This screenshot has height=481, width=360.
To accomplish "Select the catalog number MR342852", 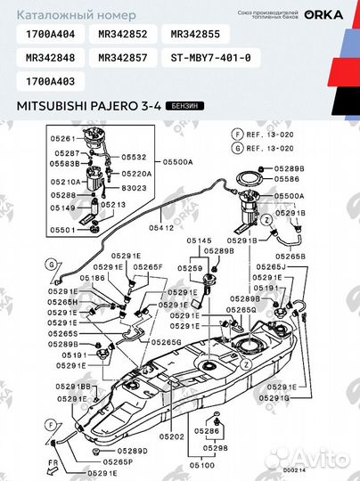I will coord(123,35).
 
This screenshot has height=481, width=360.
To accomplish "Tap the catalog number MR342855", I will coord(195,35).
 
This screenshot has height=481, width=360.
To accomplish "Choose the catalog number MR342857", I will coord(123,58).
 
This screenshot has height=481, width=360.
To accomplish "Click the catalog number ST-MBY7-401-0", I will coord(210,58).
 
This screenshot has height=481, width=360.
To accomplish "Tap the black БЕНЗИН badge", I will coord(183,105).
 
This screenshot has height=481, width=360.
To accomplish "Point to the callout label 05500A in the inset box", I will coord(177,161).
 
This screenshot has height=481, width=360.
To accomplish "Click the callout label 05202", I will coord(173,436).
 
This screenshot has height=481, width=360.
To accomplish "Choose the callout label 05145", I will coord(199,241).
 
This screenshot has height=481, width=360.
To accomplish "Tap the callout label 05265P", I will coord(117,461).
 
